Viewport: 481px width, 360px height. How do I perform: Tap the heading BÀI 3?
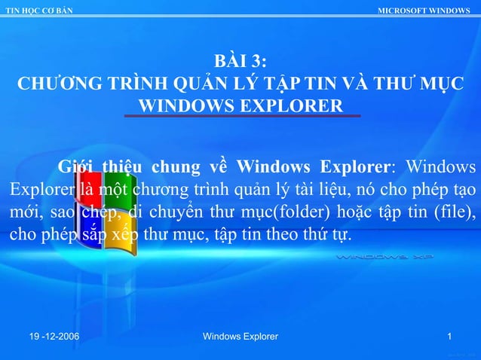coord(240,61)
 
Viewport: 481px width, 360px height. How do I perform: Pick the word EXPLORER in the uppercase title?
coord(294,104)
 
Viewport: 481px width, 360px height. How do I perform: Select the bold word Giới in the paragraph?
coord(78,166)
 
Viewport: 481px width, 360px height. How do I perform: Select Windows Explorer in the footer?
coord(240,336)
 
